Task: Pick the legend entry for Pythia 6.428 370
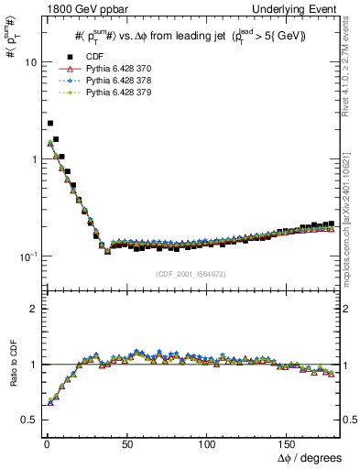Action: click(x=115, y=69)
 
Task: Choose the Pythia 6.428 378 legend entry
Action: click(x=115, y=81)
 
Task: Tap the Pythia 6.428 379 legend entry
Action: click(x=115, y=93)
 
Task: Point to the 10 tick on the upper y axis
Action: click(x=28, y=62)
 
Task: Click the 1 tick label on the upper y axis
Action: click(x=31, y=158)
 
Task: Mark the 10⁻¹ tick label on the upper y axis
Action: click(x=27, y=256)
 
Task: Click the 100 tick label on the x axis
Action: click(x=208, y=442)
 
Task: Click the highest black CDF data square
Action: click(x=49, y=123)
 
